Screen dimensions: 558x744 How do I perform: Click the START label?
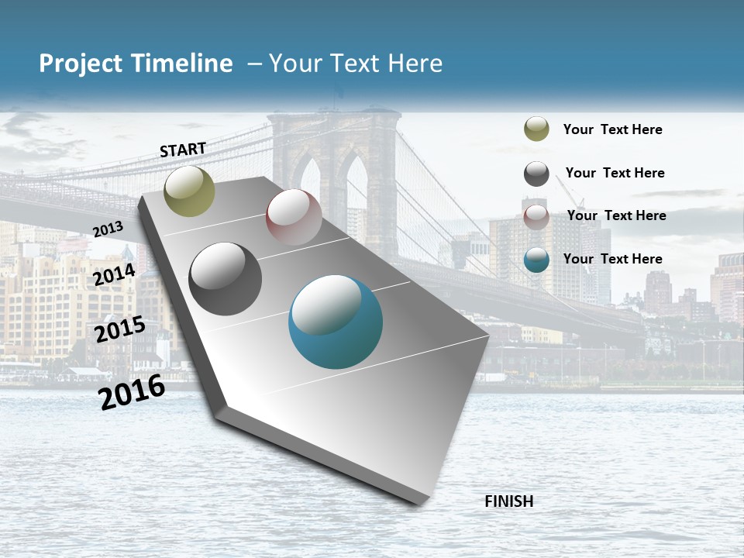183,150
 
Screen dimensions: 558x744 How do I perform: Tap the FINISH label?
509,501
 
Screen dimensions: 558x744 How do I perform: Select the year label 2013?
108,229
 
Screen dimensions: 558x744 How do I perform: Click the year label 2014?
115,275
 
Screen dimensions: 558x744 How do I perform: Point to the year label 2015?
120,330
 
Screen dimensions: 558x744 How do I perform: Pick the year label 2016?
133,391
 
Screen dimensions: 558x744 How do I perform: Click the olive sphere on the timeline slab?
190,191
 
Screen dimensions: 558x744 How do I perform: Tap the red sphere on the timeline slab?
294,217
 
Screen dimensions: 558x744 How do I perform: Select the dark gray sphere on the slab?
226,279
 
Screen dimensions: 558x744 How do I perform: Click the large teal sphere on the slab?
336,322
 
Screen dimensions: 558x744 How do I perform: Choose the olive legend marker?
536,129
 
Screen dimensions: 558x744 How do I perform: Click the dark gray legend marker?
536,174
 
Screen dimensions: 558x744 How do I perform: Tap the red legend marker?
536,216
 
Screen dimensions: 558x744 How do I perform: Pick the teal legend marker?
536,260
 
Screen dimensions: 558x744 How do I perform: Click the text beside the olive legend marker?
613,129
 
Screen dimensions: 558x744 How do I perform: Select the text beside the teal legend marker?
613,259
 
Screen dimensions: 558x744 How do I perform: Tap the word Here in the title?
415,64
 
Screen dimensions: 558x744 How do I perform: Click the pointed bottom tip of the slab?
422,504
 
